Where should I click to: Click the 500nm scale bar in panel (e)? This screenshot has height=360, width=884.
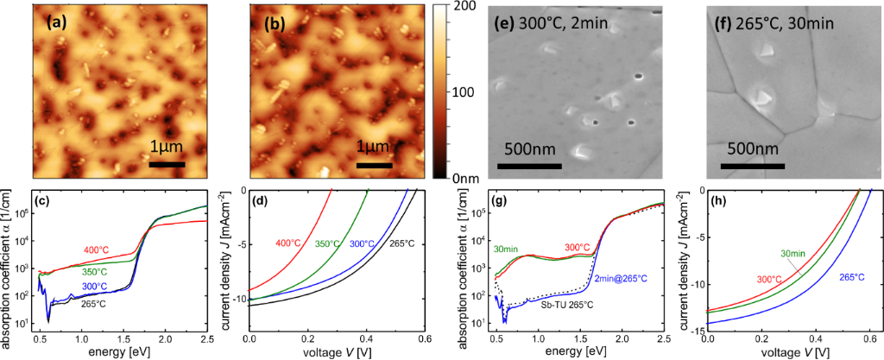click(528, 164)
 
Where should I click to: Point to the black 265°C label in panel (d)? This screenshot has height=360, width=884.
click(399, 243)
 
